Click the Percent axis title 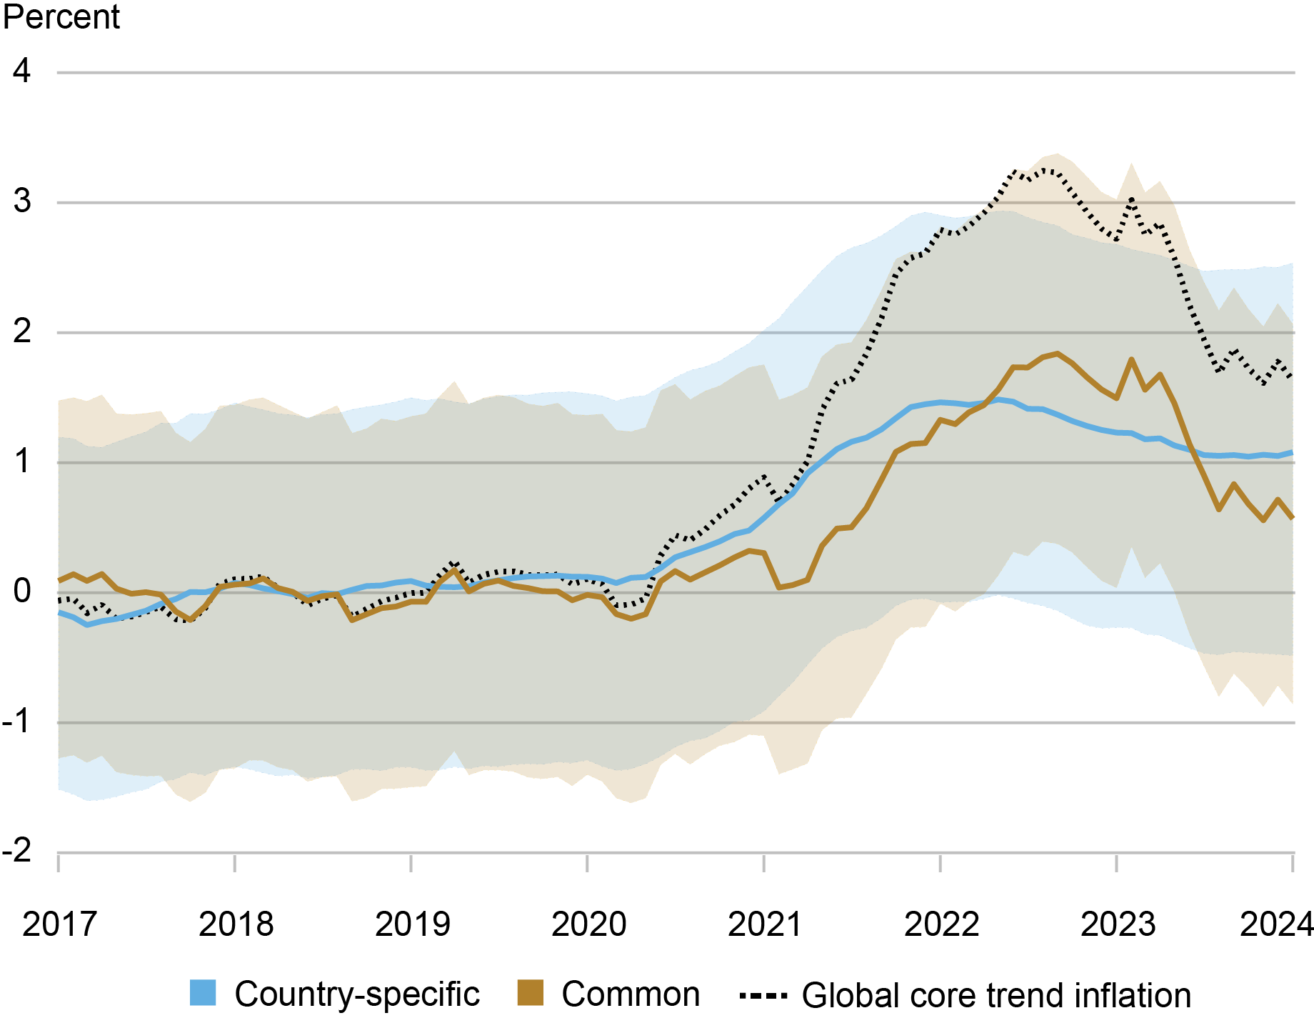[61, 17]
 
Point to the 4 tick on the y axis [22, 71]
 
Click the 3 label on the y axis [22, 202]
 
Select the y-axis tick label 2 [22, 332]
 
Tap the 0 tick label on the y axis [22, 592]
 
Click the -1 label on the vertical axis [17, 722]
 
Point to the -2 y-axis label [17, 852]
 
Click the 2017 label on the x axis [59, 924]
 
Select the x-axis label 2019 [412, 924]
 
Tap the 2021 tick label [765, 924]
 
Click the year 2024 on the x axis [1277, 924]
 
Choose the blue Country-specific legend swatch [203, 993]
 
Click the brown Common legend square [530, 993]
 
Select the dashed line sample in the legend [763, 995]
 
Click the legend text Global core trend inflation [996, 995]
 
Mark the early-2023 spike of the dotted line [1132, 199]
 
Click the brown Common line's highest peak [1057, 354]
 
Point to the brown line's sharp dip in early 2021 [779, 587]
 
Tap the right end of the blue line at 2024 [1292, 452]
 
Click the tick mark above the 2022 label [941, 863]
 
